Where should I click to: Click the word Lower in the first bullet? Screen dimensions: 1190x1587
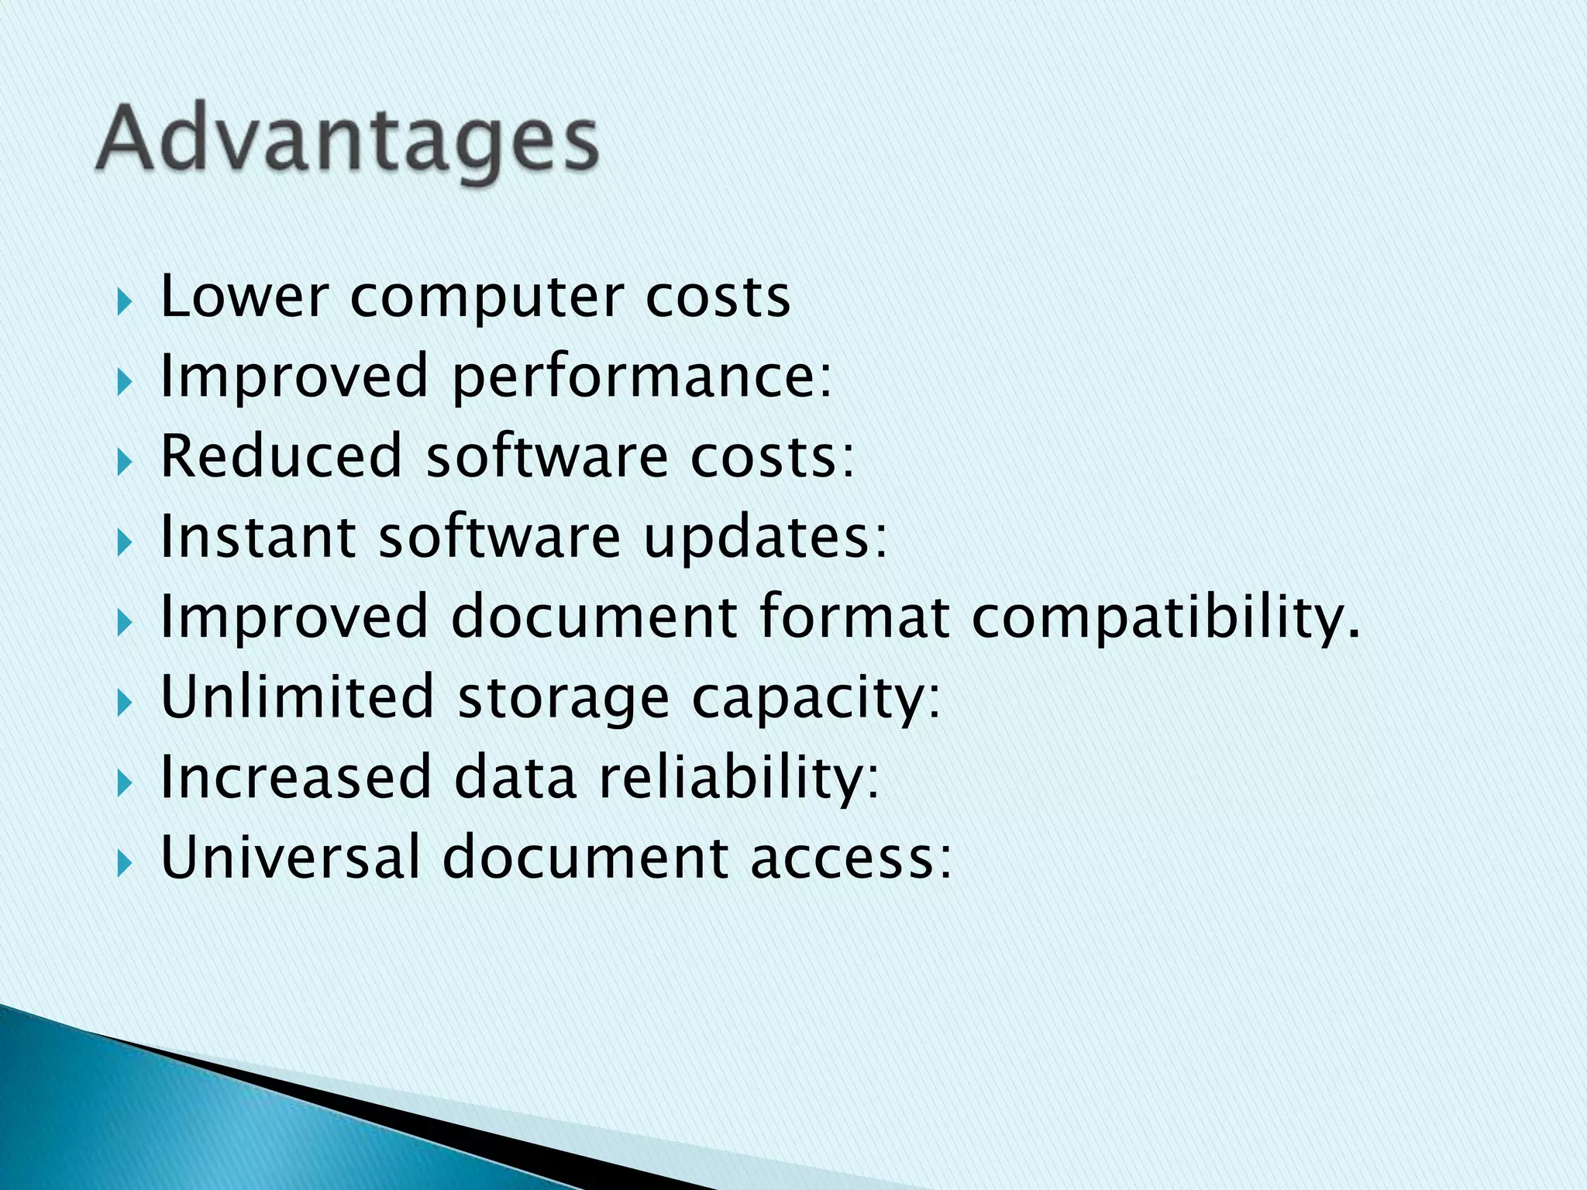(x=245, y=297)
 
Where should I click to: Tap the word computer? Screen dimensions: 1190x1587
(x=487, y=298)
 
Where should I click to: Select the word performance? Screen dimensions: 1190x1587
(x=641, y=377)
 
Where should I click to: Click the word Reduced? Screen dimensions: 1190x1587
(x=281, y=456)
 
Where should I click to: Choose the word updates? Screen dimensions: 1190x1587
(x=765, y=538)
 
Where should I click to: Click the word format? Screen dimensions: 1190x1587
(x=854, y=617)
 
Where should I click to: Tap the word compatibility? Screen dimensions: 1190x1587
(x=1165, y=618)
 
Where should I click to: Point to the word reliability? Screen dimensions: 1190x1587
(x=739, y=779)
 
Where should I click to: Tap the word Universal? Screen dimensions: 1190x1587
(x=290, y=858)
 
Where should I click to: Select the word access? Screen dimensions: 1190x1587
(x=850, y=859)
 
